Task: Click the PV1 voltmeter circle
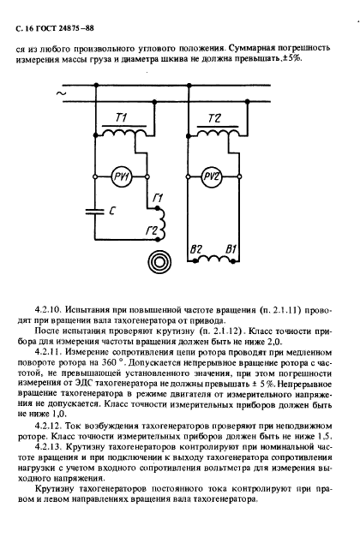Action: [x=121, y=177]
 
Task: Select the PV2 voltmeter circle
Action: [x=211, y=176]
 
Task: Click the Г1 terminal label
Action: [x=157, y=200]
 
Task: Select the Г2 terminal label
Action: [x=151, y=230]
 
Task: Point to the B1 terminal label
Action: [x=230, y=249]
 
